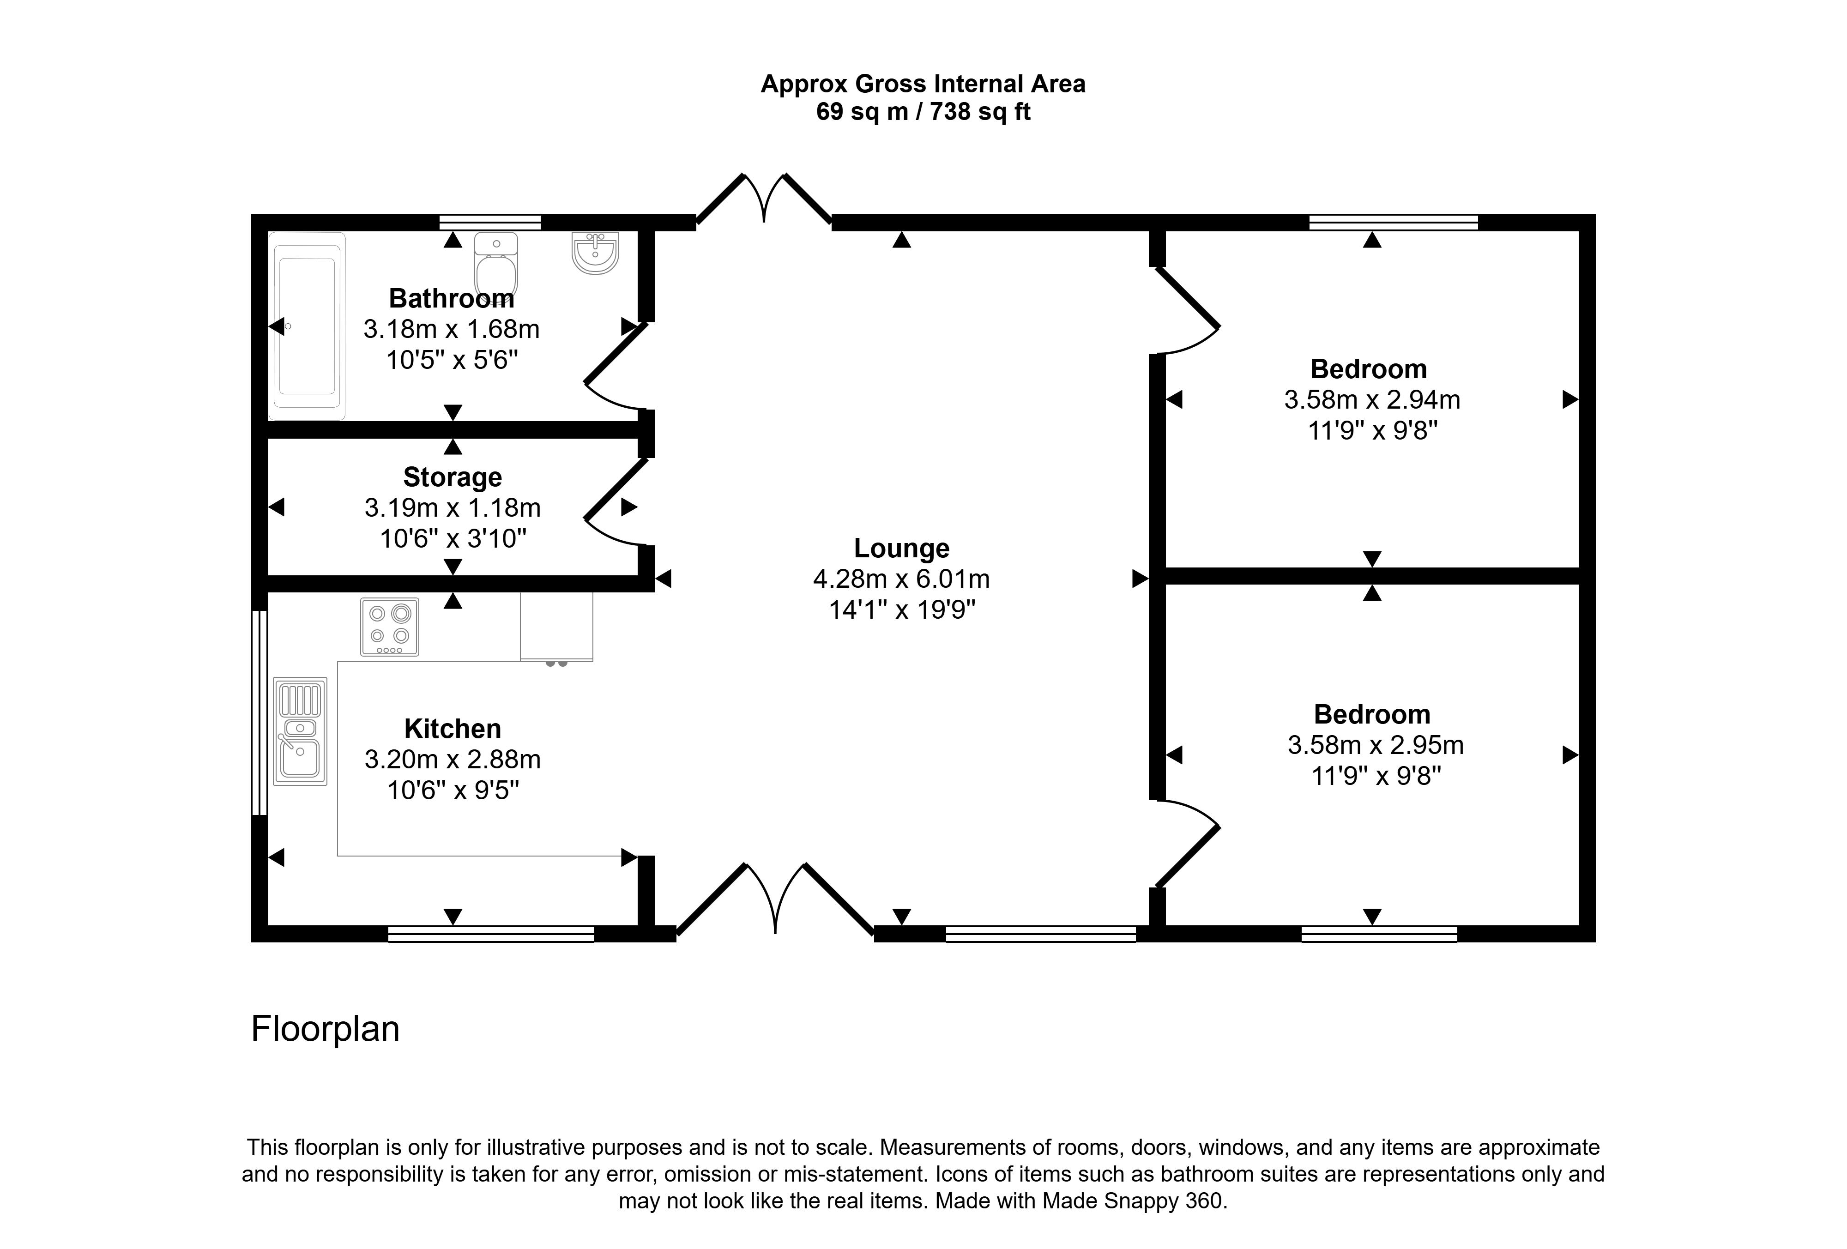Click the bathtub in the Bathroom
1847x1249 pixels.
tap(308, 326)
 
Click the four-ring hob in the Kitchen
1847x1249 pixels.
tap(389, 627)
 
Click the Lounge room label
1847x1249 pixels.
tap(901, 548)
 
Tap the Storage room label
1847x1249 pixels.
tap(453, 477)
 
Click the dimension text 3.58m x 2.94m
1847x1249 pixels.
tap(1372, 400)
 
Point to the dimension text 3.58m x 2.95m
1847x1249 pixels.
tap(1376, 745)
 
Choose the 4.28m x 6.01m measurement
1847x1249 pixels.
tap(901, 579)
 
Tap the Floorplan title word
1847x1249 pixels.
tap(325, 1029)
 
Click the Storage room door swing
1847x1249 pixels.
tap(612, 503)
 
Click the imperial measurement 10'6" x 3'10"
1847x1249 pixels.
tap(453, 539)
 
